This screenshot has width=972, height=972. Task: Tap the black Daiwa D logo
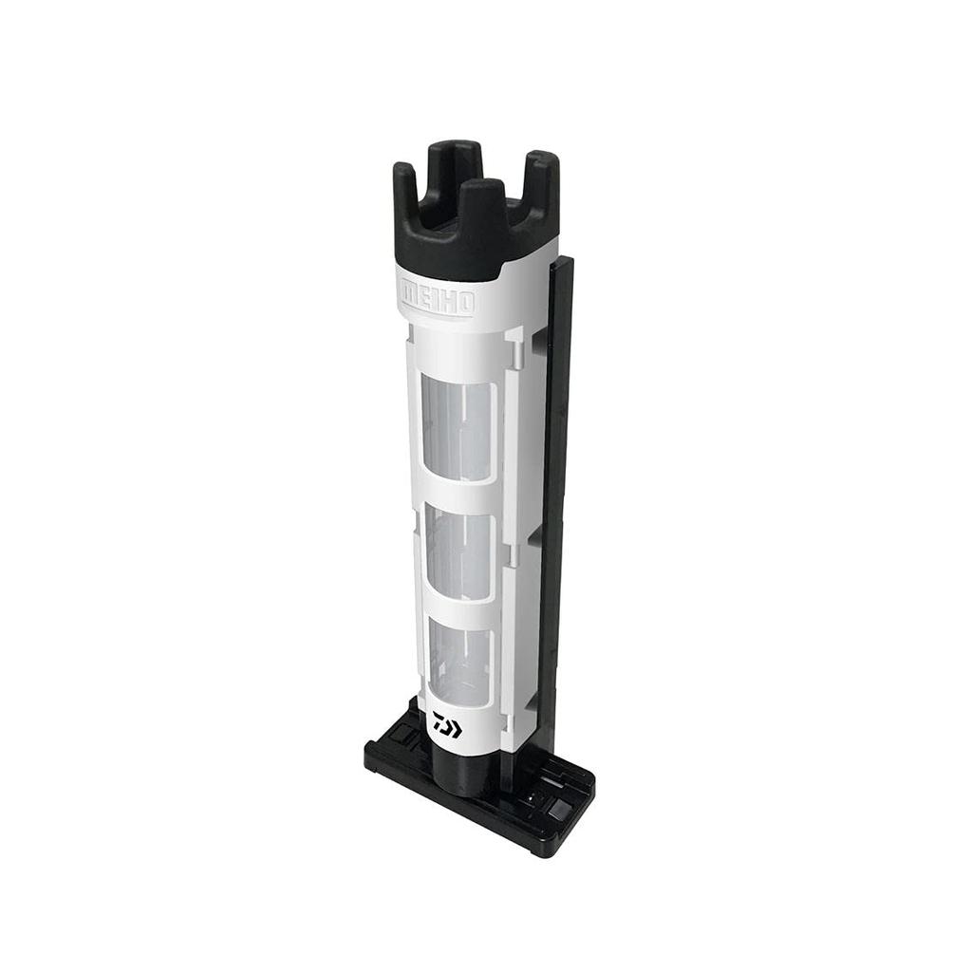[446, 725]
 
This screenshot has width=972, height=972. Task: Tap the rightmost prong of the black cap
[540, 180]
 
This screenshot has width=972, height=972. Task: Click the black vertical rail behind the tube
[555, 475]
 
